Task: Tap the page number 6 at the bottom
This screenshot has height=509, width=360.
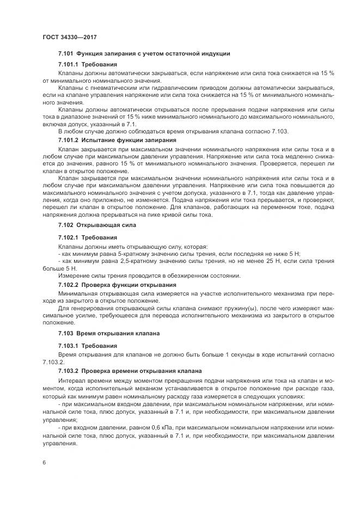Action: tap(44, 463)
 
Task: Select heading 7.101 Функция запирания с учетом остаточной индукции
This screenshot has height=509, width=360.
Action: tap(144, 54)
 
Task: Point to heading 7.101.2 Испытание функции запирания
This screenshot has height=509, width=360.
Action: tap(117, 140)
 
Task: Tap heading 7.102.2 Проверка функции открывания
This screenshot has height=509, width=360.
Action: tap(117, 285)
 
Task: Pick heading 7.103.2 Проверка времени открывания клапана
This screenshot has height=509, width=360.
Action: tap(130, 371)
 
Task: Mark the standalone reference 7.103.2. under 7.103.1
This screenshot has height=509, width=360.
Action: tap(53, 361)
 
